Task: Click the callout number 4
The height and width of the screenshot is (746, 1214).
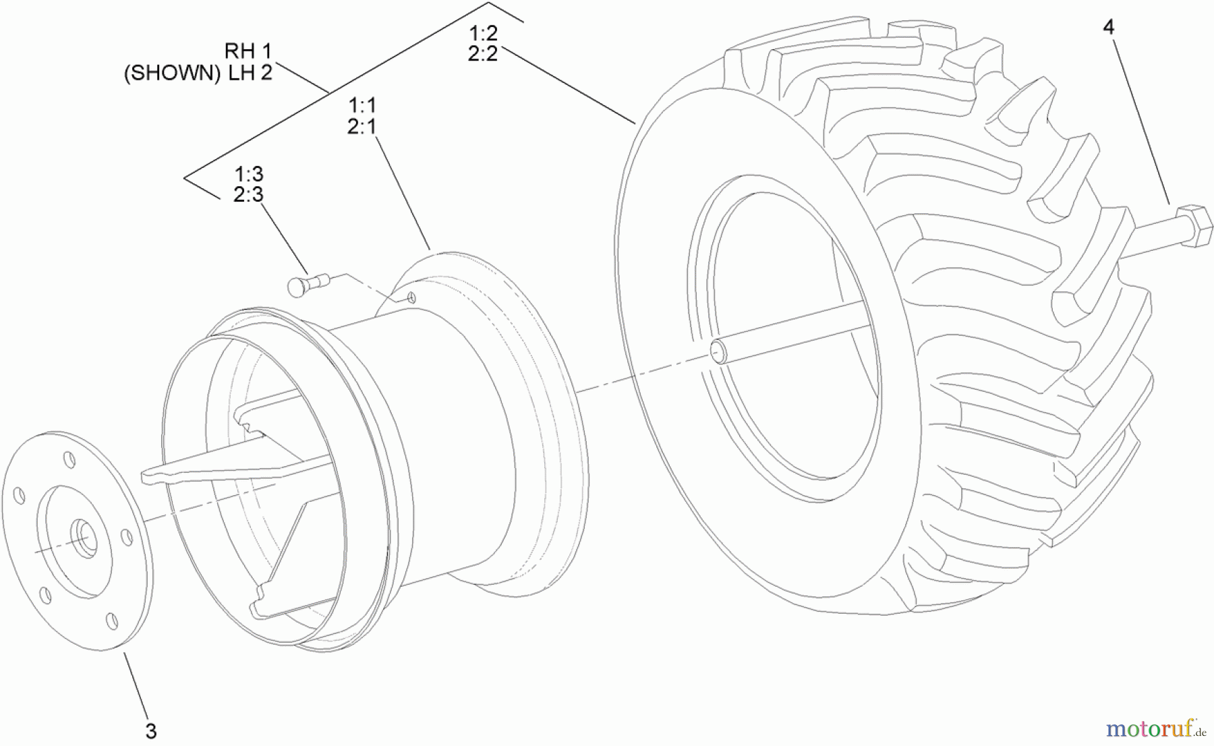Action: (x=1109, y=27)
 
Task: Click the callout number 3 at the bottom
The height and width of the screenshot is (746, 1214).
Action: (x=151, y=731)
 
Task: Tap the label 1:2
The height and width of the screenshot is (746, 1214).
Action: (x=483, y=33)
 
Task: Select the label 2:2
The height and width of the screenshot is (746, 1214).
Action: (x=483, y=54)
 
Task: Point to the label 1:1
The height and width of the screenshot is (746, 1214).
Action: (x=362, y=105)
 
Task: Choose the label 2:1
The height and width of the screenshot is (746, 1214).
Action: (x=362, y=126)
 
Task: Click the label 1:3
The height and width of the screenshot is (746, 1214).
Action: (x=248, y=174)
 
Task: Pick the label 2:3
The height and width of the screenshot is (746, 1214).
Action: (x=248, y=195)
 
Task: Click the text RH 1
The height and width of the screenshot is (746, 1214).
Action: (x=248, y=51)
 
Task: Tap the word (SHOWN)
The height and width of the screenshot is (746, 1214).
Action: (x=172, y=73)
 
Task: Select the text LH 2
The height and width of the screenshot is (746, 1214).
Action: (x=250, y=72)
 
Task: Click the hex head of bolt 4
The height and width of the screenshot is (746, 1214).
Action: (x=1194, y=227)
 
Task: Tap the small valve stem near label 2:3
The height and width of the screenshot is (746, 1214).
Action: (x=308, y=283)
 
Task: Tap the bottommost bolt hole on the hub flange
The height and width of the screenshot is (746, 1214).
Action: (x=113, y=621)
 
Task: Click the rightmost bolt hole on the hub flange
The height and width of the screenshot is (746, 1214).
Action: (x=126, y=538)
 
